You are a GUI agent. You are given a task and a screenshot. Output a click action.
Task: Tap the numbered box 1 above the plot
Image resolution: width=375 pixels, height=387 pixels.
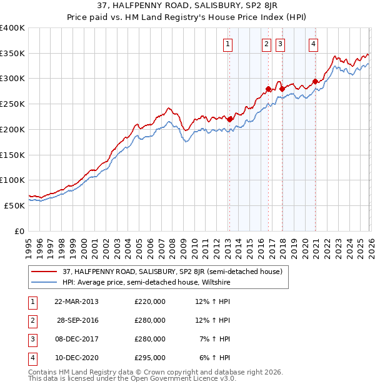point(228,44)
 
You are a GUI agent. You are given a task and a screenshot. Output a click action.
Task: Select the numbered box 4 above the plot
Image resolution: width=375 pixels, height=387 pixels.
point(313,44)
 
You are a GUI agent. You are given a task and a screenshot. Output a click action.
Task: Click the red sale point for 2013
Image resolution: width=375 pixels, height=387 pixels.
point(230,119)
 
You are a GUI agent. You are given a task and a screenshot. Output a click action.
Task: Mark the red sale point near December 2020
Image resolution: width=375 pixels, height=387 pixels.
point(315,81)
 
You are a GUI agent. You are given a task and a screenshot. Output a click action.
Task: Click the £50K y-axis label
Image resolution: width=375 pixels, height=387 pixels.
point(14,205)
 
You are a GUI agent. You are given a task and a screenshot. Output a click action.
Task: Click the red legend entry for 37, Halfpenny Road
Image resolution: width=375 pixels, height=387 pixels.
point(172,272)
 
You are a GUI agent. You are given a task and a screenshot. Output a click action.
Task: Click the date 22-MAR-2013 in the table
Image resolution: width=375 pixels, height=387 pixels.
point(76,301)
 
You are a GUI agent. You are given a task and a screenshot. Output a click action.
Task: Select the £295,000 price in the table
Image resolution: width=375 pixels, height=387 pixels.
point(150,358)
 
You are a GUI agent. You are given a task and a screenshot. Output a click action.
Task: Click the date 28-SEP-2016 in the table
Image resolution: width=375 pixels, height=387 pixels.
point(76,320)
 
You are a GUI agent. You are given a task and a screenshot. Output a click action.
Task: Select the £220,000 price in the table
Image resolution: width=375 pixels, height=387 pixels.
point(150,301)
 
